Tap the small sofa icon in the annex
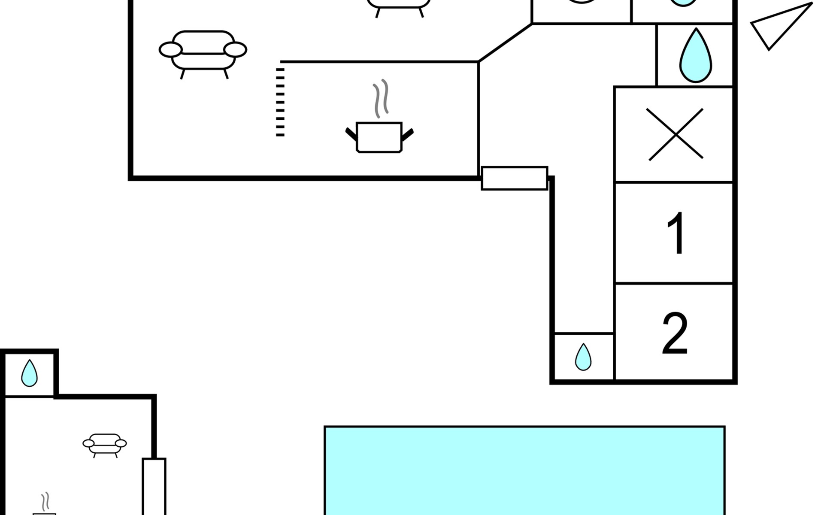click(105, 444)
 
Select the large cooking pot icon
click(379, 137)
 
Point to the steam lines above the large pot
click(381, 99)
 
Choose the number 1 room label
click(676, 233)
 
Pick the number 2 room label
click(675, 333)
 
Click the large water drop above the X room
click(695, 56)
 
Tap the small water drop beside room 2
click(583, 357)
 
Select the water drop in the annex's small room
click(29, 373)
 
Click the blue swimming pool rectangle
click(524, 470)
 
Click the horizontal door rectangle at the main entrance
click(515, 178)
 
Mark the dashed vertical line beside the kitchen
click(280, 102)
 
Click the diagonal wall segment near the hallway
click(505, 43)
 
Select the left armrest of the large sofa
click(171, 50)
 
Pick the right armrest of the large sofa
click(235, 50)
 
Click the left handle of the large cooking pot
click(351, 134)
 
